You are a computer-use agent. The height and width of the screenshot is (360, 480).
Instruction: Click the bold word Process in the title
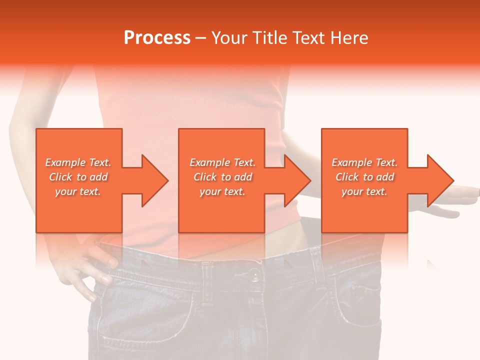pyautogui.click(x=157, y=38)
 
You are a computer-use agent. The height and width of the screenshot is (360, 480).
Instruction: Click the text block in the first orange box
pyautogui.click(x=78, y=177)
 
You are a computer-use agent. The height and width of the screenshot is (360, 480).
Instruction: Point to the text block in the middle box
pyautogui.click(x=222, y=177)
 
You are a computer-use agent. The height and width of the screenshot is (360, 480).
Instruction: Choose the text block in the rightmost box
pyautogui.click(x=364, y=177)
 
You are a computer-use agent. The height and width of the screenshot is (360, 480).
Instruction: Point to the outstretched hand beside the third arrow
pyautogui.click(x=455, y=200)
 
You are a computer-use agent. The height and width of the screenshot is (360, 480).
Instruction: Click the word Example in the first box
pyautogui.click(x=65, y=162)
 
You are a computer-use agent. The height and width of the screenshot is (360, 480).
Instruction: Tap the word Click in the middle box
pyautogui.click(x=205, y=177)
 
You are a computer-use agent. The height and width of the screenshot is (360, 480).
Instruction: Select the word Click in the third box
pyautogui.click(x=347, y=177)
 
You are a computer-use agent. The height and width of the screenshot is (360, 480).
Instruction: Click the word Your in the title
pyautogui.click(x=228, y=38)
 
